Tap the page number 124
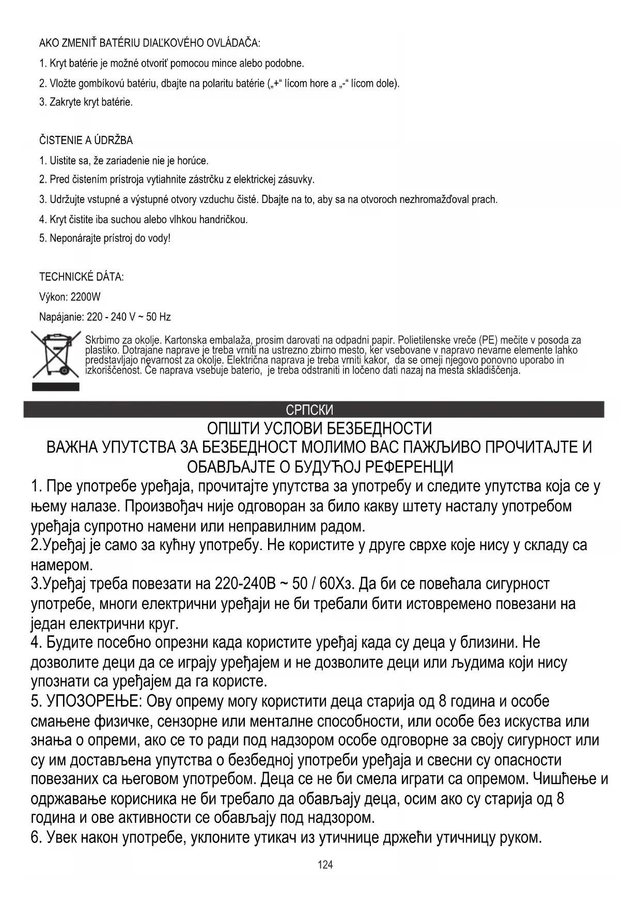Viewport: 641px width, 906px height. click(325, 865)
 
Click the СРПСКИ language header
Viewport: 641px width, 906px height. click(309, 410)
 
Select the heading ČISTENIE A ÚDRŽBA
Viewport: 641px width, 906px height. click(86, 140)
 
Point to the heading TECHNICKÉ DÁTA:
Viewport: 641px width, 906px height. click(81, 277)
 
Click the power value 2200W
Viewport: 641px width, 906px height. click(85, 297)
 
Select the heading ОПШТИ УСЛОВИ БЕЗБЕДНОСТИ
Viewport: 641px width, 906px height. click(319, 428)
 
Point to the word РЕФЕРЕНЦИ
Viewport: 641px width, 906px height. click(409, 466)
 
